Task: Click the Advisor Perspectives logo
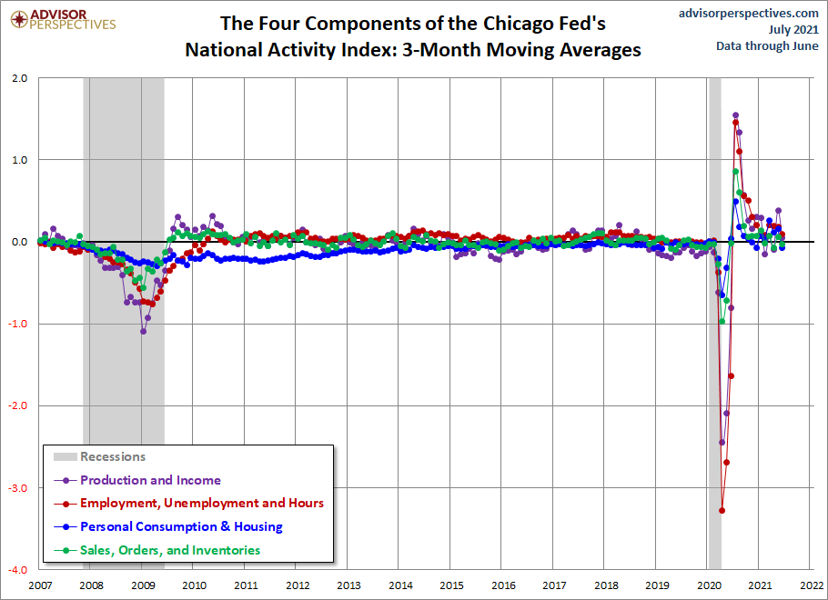[x=63, y=19]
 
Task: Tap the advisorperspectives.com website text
[x=748, y=13]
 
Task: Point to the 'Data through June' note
[x=767, y=46]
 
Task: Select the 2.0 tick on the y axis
[x=19, y=78]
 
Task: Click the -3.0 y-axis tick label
[x=17, y=488]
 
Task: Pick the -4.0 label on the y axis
[x=17, y=570]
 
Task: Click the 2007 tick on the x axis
[x=40, y=585]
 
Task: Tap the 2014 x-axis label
[x=400, y=585]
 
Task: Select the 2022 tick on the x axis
[x=812, y=585]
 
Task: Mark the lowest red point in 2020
[x=722, y=510]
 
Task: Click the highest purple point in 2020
[x=735, y=115]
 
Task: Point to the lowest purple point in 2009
[x=143, y=332]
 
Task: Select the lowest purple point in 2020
[x=722, y=442]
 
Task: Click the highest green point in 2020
[x=735, y=172]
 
